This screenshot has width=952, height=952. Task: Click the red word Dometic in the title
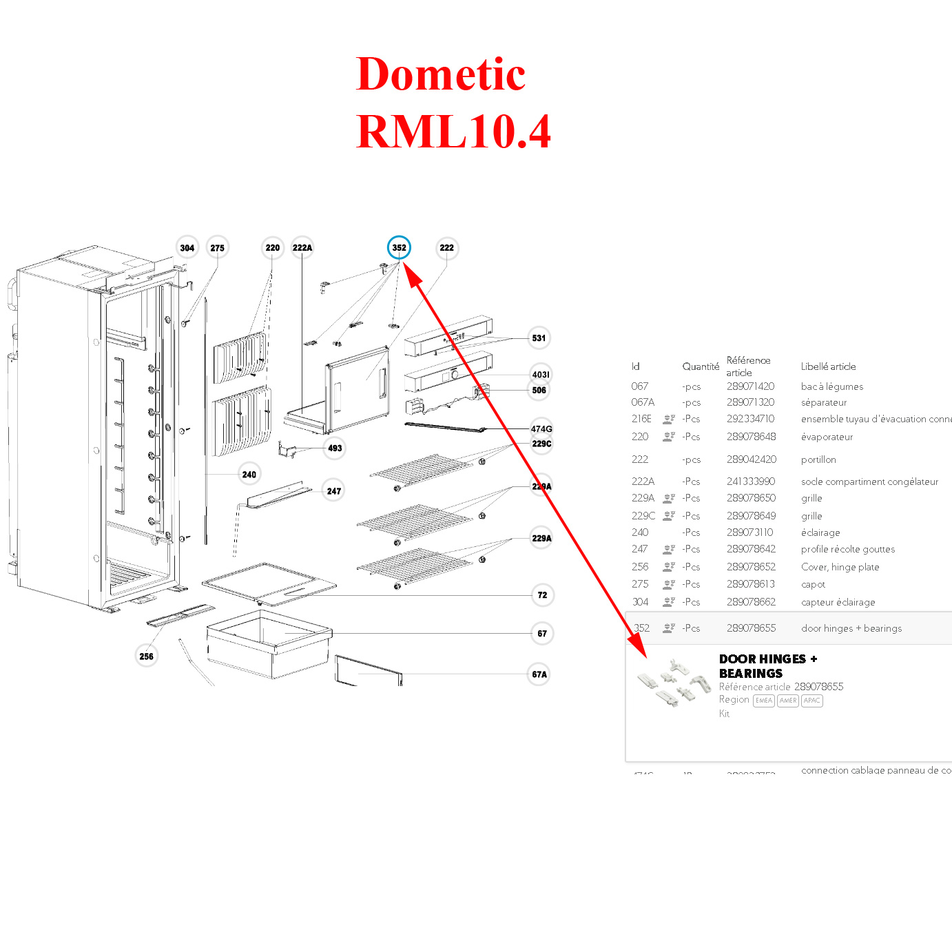click(x=441, y=74)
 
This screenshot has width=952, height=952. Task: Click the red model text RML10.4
click(x=454, y=132)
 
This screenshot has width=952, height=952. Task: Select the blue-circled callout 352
click(x=399, y=248)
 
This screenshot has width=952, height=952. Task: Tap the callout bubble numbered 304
click(x=187, y=248)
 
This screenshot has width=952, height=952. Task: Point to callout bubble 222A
click(x=302, y=248)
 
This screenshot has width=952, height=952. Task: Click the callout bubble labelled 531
click(x=539, y=338)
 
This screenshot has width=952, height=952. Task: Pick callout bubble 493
click(x=335, y=448)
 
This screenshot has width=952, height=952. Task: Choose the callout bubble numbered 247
click(x=334, y=491)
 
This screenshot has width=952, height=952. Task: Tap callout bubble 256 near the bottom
click(x=147, y=656)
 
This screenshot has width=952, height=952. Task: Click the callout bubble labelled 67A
click(x=540, y=674)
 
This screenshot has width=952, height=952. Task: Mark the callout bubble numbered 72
click(x=543, y=595)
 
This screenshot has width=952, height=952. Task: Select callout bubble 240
click(x=249, y=475)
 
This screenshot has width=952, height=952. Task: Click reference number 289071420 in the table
click(x=750, y=386)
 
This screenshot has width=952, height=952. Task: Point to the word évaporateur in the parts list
click(x=827, y=437)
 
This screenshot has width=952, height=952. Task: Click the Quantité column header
click(x=701, y=366)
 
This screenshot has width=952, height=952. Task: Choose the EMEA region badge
click(x=764, y=701)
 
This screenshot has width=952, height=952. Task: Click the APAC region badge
click(x=812, y=701)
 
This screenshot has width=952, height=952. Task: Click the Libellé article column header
click(x=828, y=366)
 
